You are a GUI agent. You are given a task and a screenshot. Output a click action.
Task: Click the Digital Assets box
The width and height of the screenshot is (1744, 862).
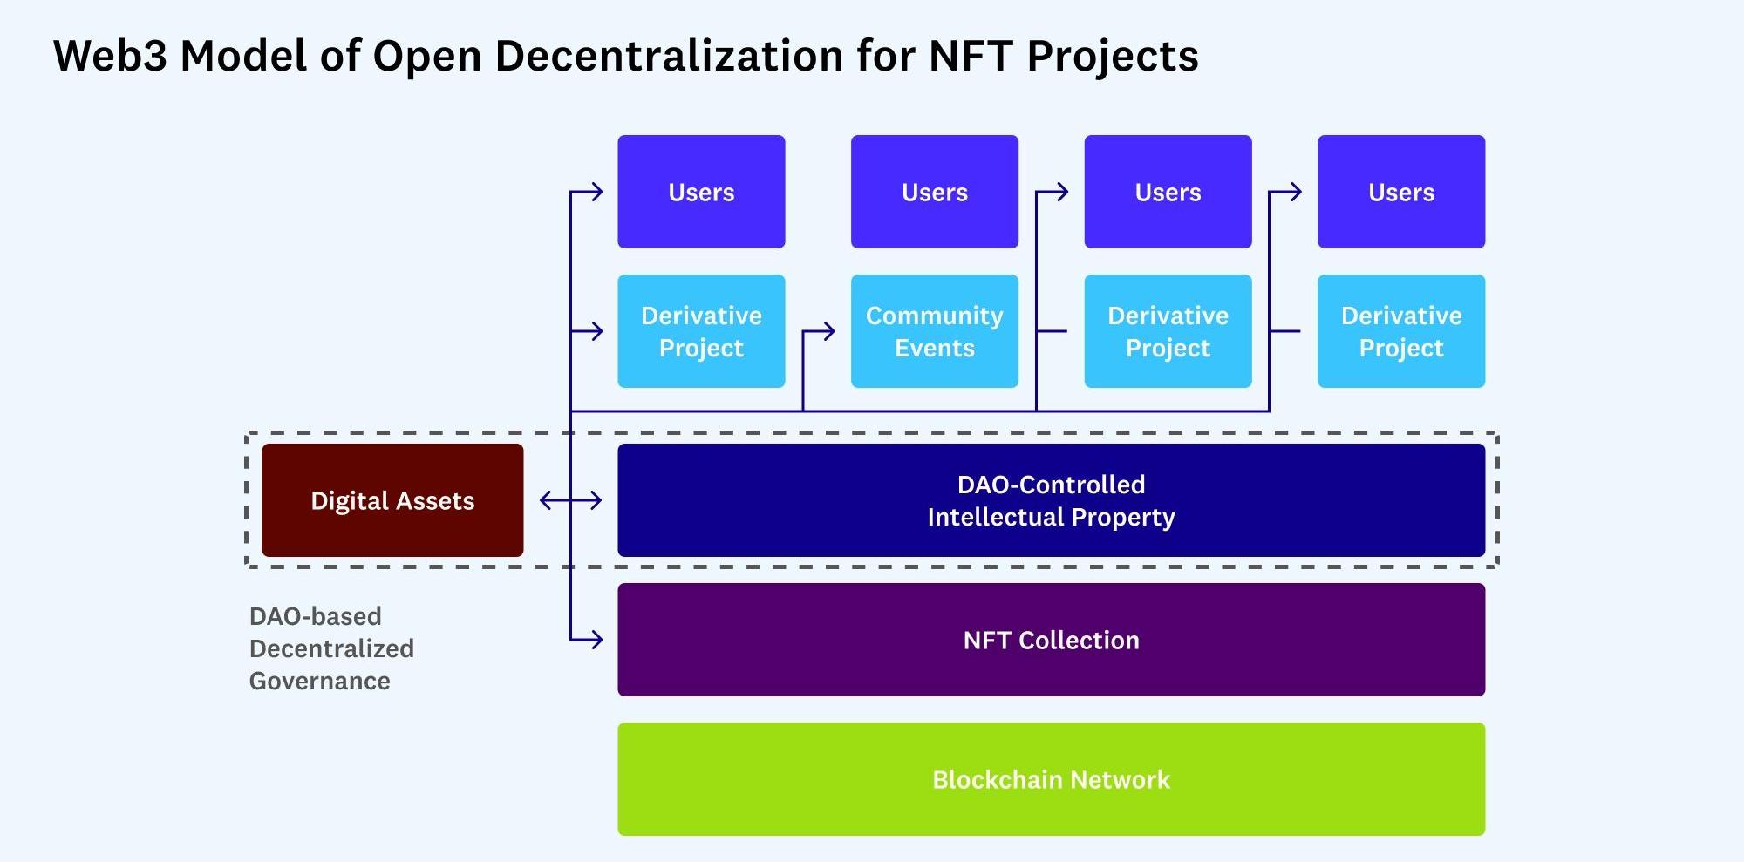click(x=392, y=500)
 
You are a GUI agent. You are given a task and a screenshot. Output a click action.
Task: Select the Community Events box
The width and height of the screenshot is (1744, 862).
click(x=934, y=331)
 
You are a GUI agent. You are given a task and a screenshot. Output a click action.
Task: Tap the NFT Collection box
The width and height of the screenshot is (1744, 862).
click(x=1051, y=640)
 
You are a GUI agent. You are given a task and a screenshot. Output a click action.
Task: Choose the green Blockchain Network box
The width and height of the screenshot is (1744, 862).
click(x=1051, y=779)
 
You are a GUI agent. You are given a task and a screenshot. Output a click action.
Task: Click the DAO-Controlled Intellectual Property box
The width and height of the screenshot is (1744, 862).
click(x=1051, y=500)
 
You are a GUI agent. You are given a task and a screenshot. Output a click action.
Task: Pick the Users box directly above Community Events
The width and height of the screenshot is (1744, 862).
click(x=934, y=192)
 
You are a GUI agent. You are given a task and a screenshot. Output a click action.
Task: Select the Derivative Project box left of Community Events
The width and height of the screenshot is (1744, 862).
click(x=701, y=331)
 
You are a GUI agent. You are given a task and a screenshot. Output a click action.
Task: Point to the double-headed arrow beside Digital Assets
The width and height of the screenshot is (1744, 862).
click(x=570, y=500)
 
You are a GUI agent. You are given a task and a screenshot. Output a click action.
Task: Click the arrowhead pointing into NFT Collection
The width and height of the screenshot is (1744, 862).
click(x=596, y=640)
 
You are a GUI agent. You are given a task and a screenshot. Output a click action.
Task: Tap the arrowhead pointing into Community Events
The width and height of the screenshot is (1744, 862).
click(x=829, y=331)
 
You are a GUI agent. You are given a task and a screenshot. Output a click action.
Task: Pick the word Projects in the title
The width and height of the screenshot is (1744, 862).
click(x=1113, y=57)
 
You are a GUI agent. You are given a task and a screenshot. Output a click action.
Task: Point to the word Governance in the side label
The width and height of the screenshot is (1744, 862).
click(x=320, y=681)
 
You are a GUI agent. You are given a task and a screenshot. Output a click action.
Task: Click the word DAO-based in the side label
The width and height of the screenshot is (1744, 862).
click(x=315, y=616)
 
